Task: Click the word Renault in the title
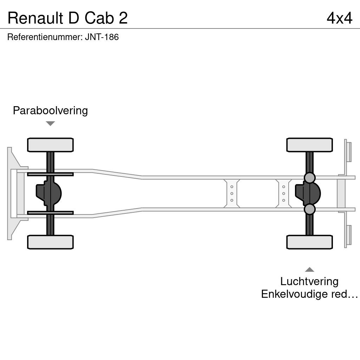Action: [36, 18]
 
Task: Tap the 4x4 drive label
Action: [339, 18]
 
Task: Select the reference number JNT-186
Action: [102, 37]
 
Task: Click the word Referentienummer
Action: [45, 37]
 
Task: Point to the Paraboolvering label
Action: [50, 111]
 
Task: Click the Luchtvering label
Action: [309, 282]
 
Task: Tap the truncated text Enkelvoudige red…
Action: [309, 294]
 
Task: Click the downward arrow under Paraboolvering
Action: [50, 123]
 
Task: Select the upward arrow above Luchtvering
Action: [309, 269]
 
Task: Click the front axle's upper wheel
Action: [50, 145]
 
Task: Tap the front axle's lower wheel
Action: [50, 242]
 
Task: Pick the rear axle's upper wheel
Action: [309, 145]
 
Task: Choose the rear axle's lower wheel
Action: [309, 242]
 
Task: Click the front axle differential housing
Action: [49, 193]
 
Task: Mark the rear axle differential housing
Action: [308, 193]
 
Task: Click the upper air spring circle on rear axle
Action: [309, 178]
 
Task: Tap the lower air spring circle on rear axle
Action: [309, 209]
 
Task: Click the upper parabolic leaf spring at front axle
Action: [50, 174]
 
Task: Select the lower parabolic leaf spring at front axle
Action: [50, 213]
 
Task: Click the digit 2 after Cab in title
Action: [123, 18]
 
